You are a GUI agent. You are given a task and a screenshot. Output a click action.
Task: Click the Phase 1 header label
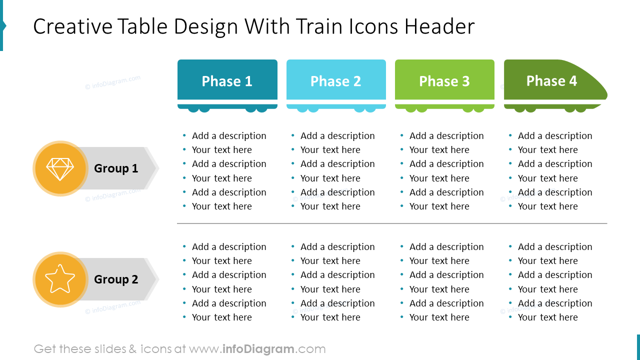pos(227,81)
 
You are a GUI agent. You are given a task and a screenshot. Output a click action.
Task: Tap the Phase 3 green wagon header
pos(444,81)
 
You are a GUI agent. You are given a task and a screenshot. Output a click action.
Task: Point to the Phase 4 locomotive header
pos(551,81)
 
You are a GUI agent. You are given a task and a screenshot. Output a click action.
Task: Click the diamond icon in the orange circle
pos(60,168)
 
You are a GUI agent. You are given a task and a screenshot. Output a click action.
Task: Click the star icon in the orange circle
pos(60,279)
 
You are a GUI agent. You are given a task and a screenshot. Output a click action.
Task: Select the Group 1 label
pos(116,168)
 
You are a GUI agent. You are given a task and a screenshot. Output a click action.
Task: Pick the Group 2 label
pos(116,279)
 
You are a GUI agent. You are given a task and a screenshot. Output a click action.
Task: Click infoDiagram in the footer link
pos(258,349)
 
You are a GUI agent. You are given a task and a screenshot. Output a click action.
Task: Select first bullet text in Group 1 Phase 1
pos(229,136)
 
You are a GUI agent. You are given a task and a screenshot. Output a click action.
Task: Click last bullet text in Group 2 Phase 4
pos(547,317)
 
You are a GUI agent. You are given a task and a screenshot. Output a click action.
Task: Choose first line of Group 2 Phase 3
pos(446,247)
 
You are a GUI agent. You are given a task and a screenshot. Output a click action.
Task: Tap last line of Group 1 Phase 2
pos(330,206)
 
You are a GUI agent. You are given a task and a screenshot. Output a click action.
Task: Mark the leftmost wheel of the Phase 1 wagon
pos(193,108)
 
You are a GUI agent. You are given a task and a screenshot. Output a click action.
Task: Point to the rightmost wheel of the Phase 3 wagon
pos(479,108)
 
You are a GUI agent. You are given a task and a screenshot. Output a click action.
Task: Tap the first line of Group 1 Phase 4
pos(555,136)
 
